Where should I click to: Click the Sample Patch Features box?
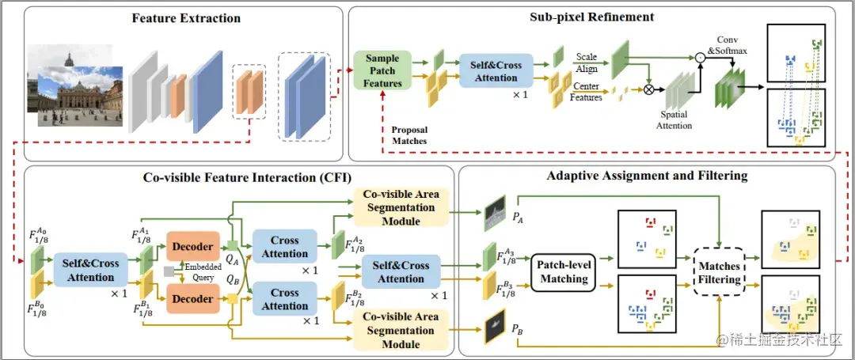[382, 70]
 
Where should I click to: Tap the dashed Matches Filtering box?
[720, 272]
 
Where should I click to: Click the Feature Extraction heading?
[186, 18]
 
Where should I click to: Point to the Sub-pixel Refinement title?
[591, 17]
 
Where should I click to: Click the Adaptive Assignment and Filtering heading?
[646, 176]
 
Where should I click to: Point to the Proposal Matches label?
[409, 135]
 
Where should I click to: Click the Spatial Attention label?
[676, 119]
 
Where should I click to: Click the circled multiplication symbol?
[649, 89]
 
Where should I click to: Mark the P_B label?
[518, 329]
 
